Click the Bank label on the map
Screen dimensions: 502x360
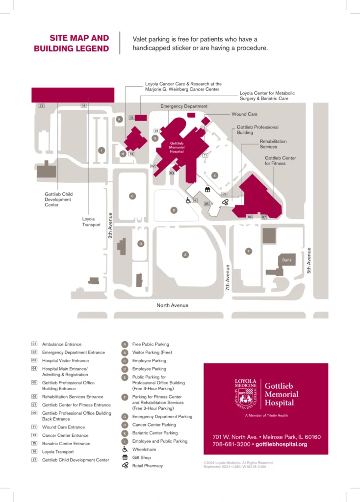287,260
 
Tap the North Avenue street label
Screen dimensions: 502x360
172,305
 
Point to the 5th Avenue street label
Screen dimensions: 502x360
309,260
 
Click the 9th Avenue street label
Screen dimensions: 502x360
110,225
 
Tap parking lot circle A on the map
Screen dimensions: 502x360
185,254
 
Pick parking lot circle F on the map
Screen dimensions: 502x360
248,251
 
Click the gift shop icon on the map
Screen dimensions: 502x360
207,190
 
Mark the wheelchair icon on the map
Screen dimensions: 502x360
188,200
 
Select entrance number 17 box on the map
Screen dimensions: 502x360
42,106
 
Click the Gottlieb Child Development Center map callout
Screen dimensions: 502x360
58,200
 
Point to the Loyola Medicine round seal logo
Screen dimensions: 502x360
246,394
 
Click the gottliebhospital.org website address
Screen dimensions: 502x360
281,444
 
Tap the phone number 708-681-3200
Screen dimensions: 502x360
231,444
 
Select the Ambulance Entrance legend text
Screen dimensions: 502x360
62,344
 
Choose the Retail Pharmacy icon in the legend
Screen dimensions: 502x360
125,466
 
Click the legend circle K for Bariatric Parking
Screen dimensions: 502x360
125,433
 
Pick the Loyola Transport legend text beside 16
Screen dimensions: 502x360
58,452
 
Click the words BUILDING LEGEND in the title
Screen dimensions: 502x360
72,49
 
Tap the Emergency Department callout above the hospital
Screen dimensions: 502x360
184,106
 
